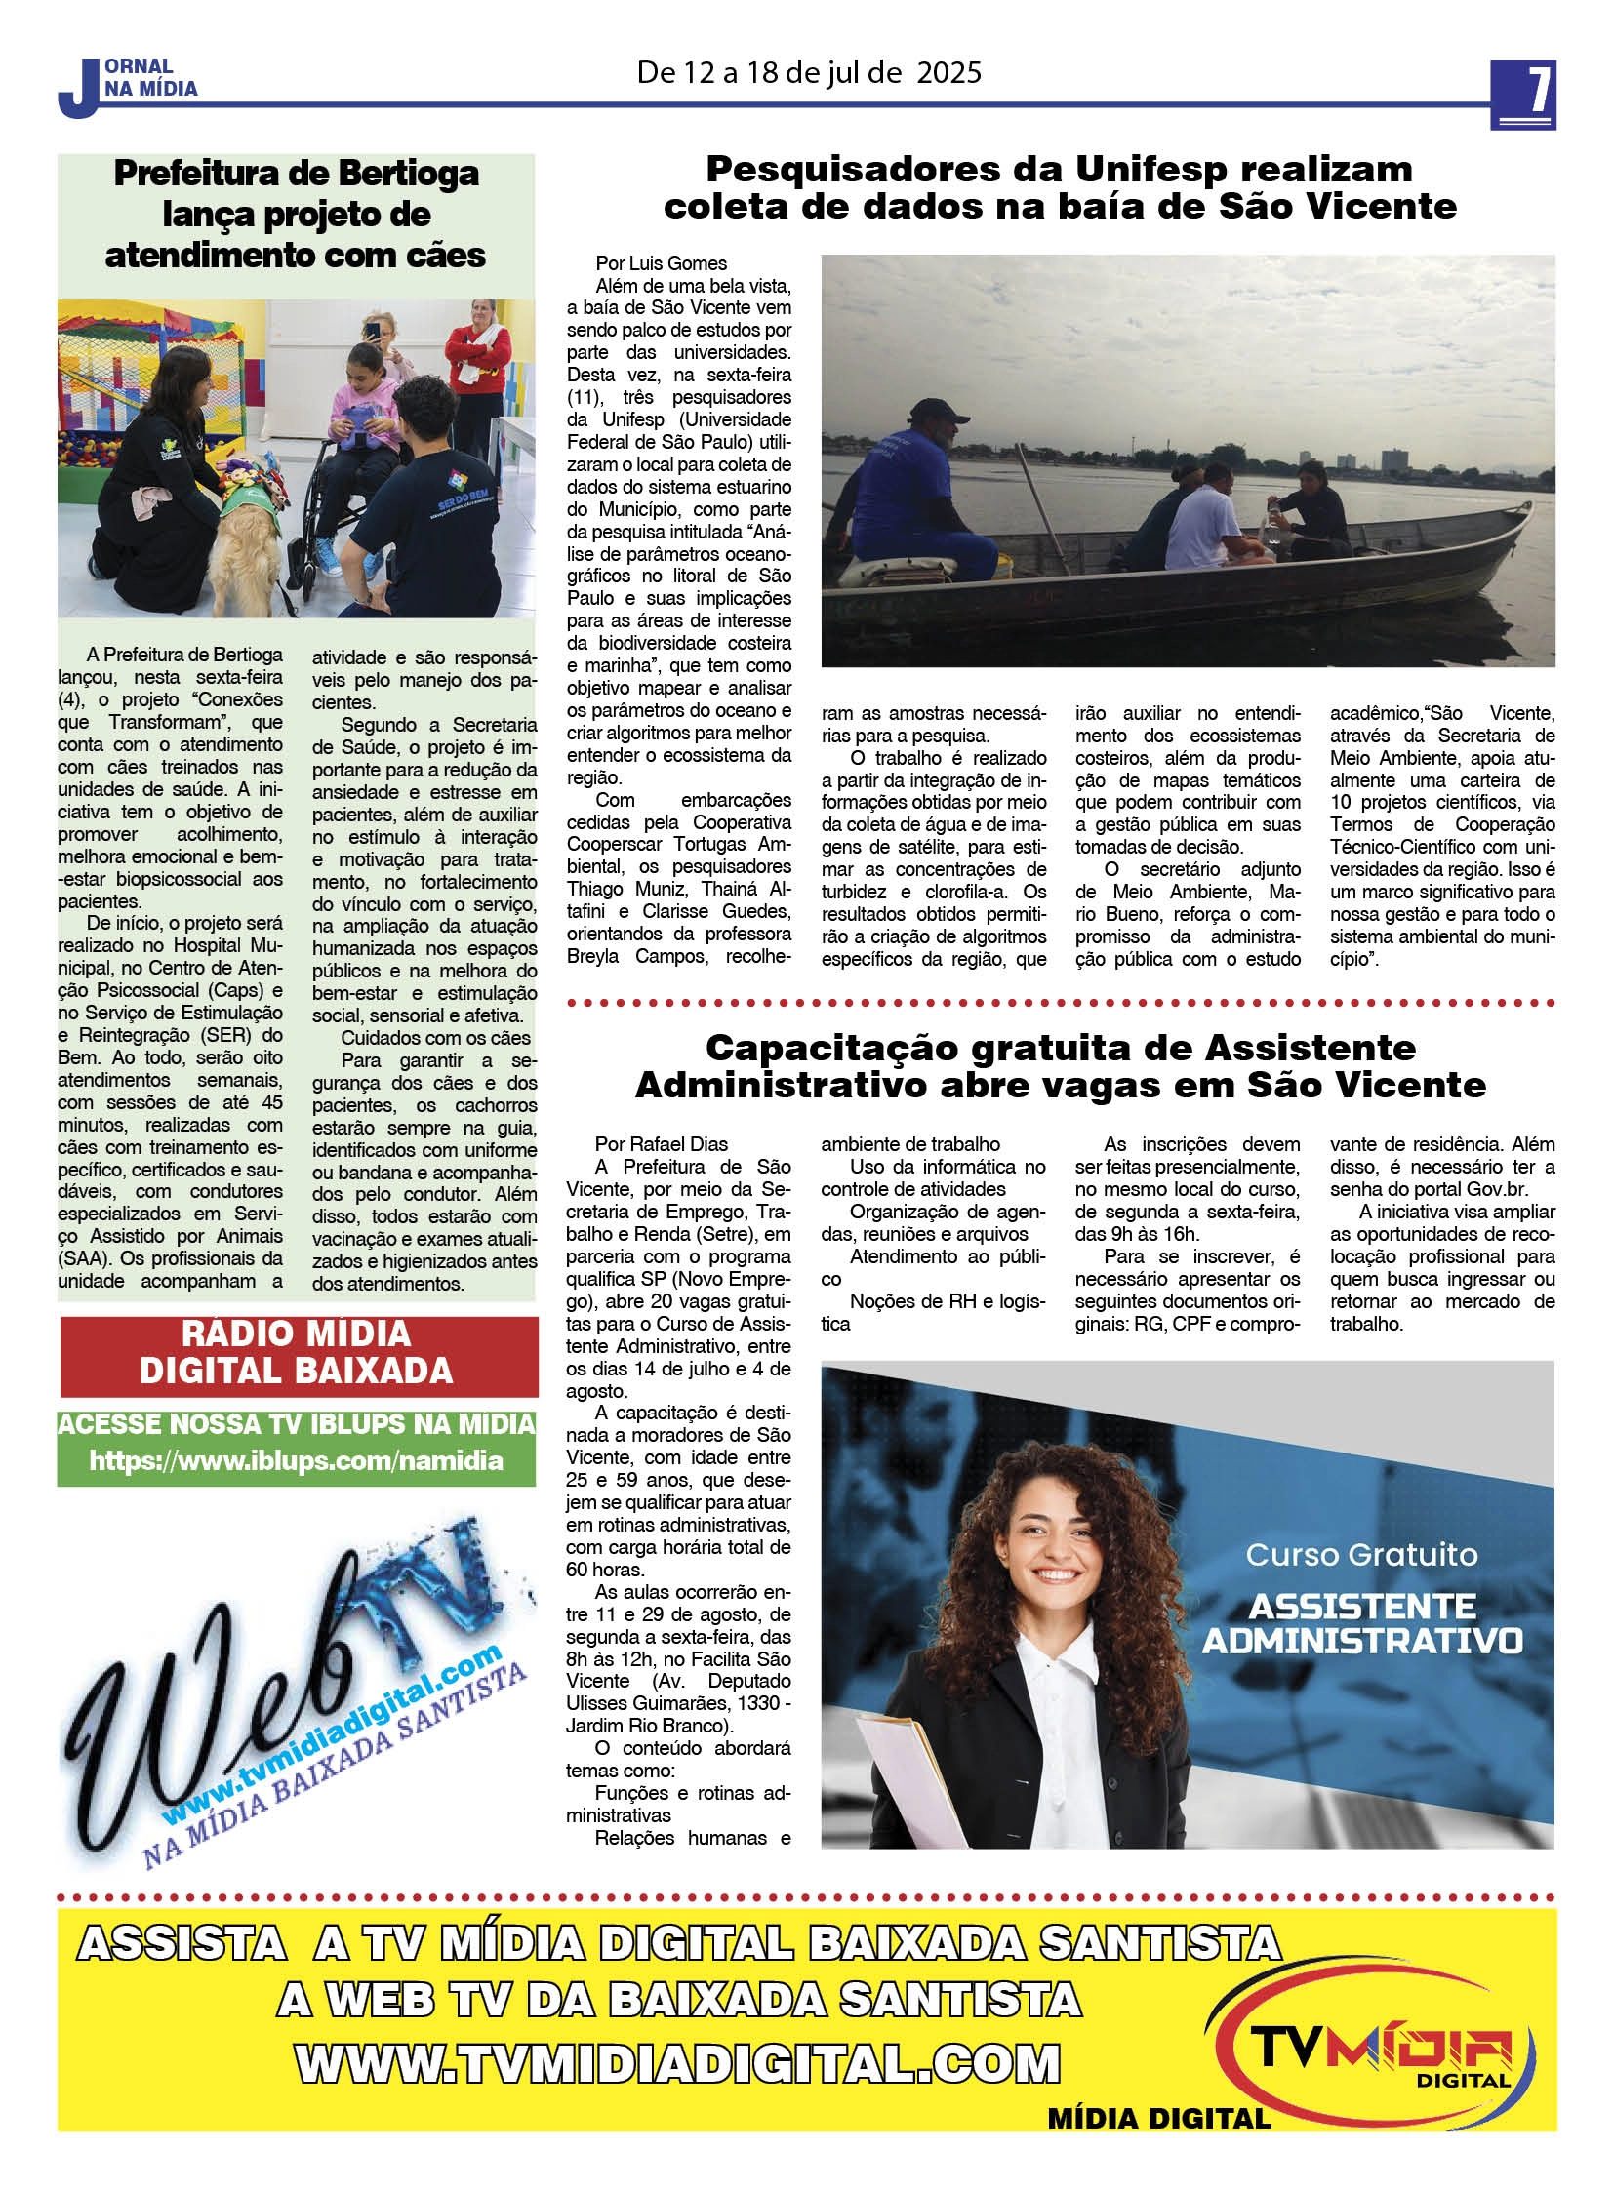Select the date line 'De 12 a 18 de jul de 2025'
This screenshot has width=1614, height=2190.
(808, 73)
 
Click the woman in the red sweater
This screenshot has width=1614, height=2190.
(478, 355)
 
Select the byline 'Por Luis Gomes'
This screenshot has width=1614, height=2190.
(662, 263)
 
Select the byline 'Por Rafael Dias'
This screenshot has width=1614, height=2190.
(662, 1144)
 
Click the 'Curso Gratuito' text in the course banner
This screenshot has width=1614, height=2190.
(1361, 1554)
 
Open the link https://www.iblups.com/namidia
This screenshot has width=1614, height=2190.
(296, 1461)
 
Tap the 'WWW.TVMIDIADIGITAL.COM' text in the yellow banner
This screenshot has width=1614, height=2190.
(677, 2065)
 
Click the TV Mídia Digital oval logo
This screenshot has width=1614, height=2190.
(1379, 2044)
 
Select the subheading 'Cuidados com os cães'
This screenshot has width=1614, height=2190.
(436, 1038)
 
